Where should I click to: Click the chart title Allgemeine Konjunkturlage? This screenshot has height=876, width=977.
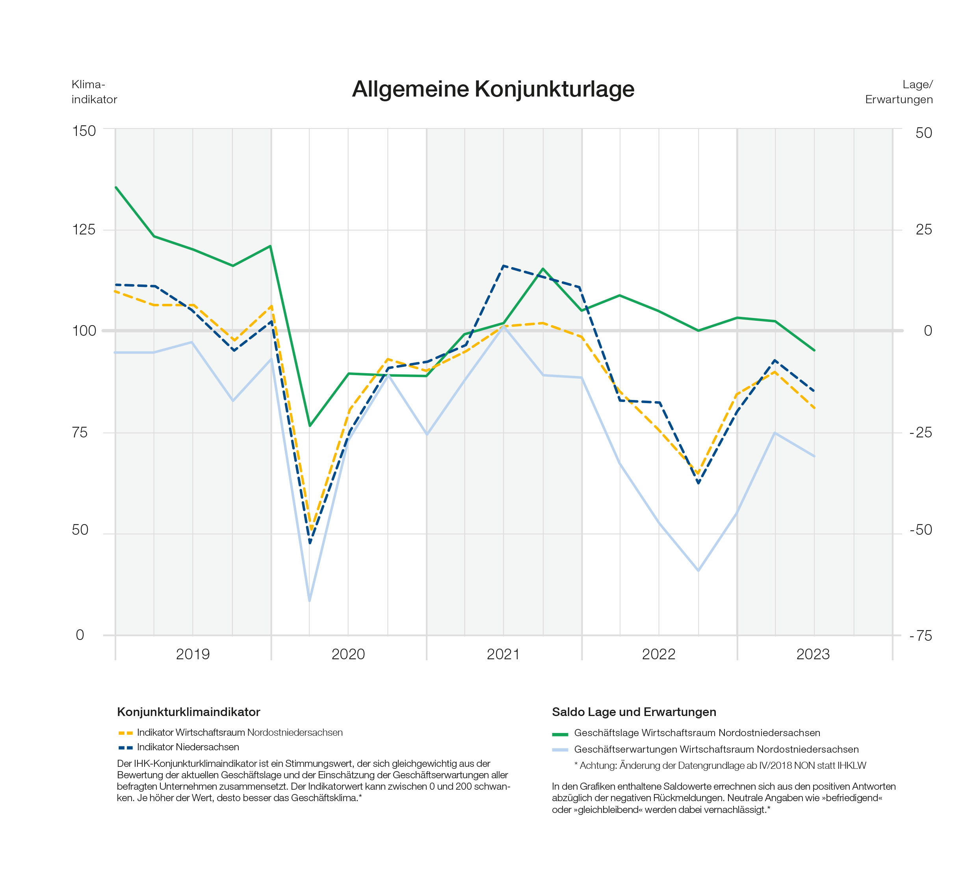click(x=493, y=89)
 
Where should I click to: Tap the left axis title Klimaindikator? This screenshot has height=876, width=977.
click(x=94, y=92)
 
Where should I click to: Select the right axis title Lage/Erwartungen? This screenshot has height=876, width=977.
click(x=899, y=92)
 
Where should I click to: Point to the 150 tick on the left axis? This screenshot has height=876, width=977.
click(x=84, y=131)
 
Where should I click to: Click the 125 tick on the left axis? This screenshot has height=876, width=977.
click(x=84, y=230)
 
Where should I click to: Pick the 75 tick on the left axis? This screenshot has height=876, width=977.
click(x=80, y=432)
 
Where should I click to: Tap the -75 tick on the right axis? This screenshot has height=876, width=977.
click(x=921, y=636)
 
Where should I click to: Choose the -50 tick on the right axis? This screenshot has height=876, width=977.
click(x=921, y=530)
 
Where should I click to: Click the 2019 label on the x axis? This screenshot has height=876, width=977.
click(x=193, y=654)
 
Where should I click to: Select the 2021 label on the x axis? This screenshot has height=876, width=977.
click(x=503, y=654)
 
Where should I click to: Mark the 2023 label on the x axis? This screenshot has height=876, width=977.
click(x=814, y=654)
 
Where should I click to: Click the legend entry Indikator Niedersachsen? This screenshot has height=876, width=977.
click(x=178, y=747)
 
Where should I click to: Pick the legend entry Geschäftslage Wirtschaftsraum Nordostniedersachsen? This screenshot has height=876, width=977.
click(x=686, y=733)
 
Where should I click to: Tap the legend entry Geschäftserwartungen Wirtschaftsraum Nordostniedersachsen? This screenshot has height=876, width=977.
click(x=705, y=750)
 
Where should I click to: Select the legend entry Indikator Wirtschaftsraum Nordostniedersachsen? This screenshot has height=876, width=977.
click(x=230, y=733)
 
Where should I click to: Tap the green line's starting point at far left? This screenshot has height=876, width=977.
click(x=116, y=187)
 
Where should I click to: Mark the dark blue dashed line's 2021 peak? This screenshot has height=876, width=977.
click(x=503, y=266)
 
